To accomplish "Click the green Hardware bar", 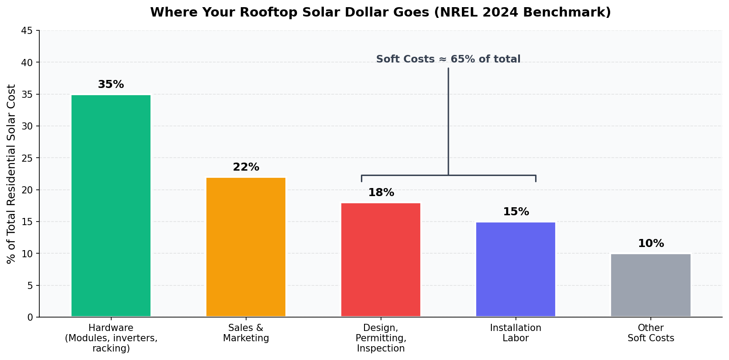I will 111,205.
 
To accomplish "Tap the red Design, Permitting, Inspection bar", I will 381,260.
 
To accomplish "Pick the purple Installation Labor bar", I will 515,269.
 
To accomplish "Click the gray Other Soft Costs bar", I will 650,285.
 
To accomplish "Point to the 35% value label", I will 111,84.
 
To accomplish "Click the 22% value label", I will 246,167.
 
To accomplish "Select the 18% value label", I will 381,193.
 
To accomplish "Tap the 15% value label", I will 515,212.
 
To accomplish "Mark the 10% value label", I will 650,243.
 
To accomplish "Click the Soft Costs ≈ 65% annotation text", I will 448,59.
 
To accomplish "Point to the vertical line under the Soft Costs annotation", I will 448,121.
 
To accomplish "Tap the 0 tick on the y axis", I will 30,317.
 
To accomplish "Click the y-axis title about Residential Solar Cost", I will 12,174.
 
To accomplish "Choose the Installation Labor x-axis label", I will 515,333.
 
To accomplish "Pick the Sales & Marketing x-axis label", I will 246,333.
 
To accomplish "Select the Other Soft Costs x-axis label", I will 650,333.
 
